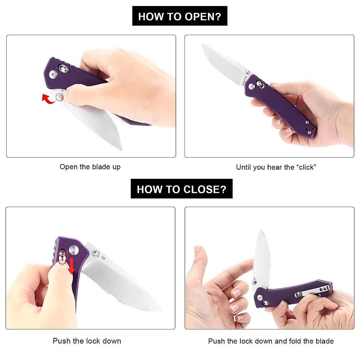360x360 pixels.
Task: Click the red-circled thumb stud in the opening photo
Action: point(60,97)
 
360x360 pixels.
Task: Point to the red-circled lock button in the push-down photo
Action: point(62,257)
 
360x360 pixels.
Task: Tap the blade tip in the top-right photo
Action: point(202,45)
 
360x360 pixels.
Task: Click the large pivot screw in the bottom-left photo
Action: point(73,250)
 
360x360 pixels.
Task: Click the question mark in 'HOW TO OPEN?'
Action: point(218,16)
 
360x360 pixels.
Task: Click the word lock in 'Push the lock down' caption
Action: point(93,341)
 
